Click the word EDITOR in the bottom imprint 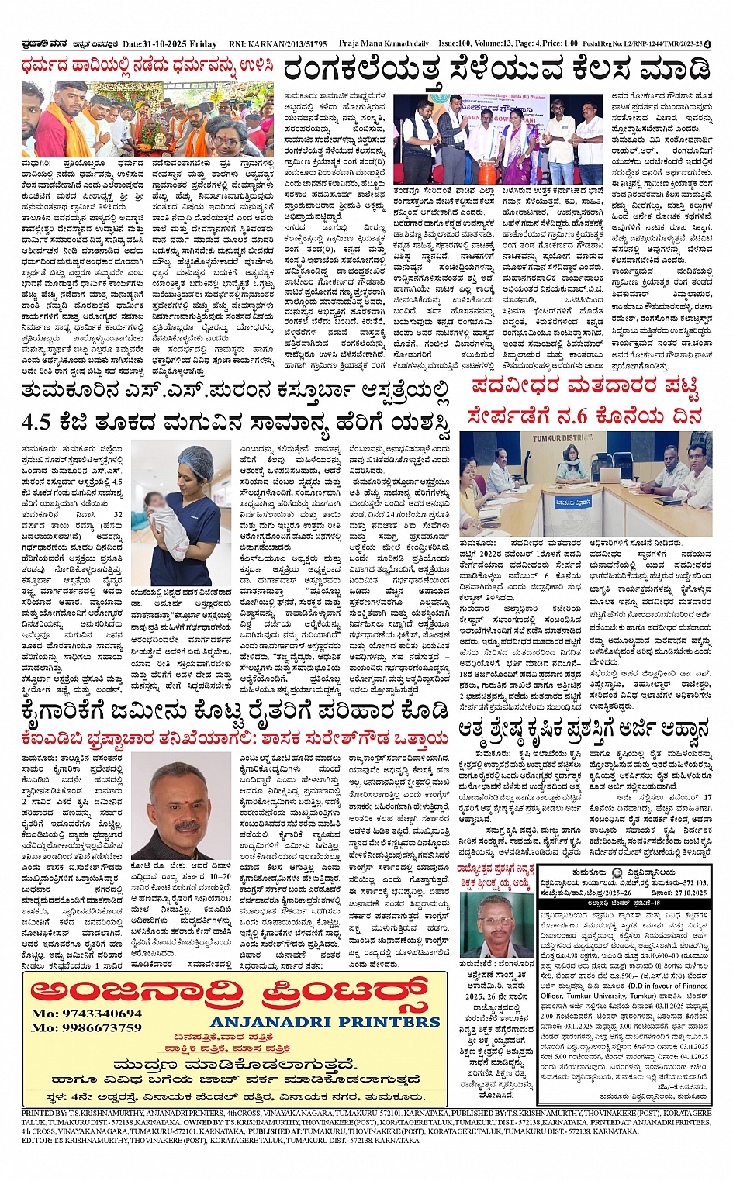coord(36,1141)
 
